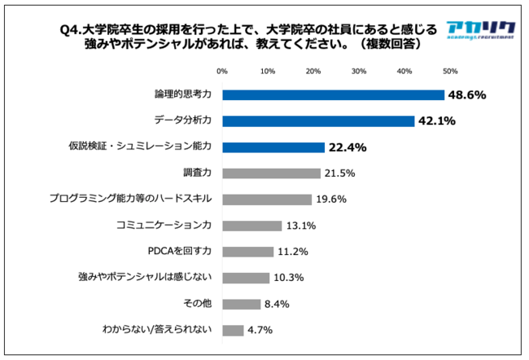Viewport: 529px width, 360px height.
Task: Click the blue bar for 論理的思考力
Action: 333,94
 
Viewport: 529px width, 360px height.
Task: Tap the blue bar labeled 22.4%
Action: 273,147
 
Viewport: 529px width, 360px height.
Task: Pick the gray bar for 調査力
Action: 271,173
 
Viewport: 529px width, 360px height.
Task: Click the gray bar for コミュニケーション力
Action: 252,226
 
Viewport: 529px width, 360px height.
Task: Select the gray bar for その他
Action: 242,304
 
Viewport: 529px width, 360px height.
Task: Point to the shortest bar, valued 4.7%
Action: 233,330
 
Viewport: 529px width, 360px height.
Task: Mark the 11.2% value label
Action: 292,252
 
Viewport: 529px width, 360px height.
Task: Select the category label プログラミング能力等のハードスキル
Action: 130,200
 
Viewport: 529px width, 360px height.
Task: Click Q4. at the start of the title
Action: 76,30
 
